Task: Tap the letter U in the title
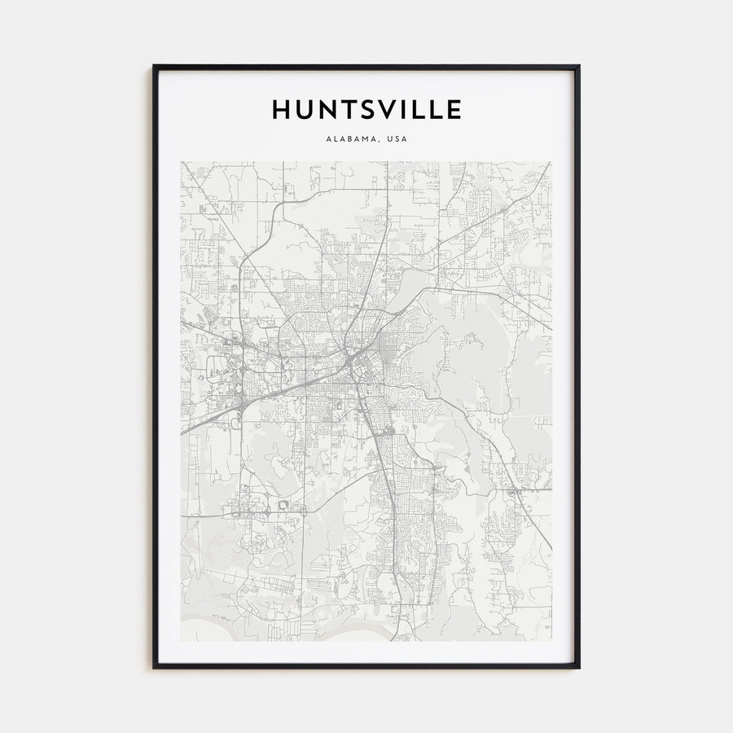click(305, 109)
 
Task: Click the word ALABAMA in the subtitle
click(349, 139)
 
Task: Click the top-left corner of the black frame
click(154, 66)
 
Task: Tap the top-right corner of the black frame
click(579, 66)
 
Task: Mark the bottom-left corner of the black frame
click(154, 668)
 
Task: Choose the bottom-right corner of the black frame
click(579, 668)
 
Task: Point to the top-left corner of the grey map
click(181, 161)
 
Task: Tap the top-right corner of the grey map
click(551, 161)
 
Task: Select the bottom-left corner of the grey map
click(181, 640)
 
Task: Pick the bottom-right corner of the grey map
click(551, 640)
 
